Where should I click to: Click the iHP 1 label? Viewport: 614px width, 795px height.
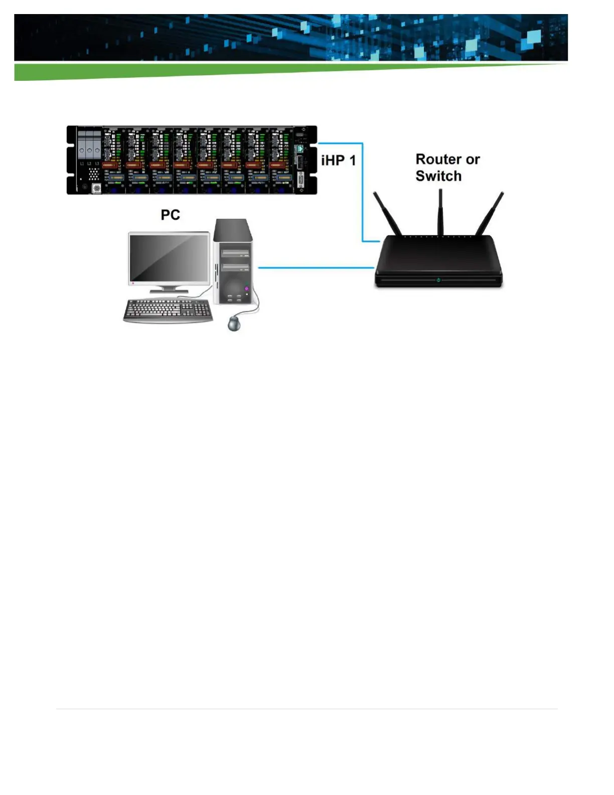click(x=338, y=161)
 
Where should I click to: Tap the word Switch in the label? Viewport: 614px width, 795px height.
click(x=438, y=176)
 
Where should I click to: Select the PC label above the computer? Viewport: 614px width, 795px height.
click(x=170, y=215)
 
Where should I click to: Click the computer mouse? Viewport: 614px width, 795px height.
click(x=234, y=323)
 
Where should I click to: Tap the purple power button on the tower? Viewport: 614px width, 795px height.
click(x=246, y=289)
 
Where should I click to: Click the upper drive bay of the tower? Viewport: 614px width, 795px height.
click(x=235, y=253)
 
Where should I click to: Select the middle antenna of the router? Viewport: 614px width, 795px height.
click(x=440, y=211)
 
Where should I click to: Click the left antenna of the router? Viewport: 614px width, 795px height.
click(x=387, y=213)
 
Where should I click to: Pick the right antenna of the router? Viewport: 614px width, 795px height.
click(x=490, y=213)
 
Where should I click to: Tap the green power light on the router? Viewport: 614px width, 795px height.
click(x=438, y=280)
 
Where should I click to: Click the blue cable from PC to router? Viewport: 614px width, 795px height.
click(x=316, y=268)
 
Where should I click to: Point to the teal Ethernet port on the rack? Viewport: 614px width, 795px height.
click(x=300, y=149)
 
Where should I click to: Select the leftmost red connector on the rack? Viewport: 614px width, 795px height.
click(x=110, y=165)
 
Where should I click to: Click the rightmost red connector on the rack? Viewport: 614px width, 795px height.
click(x=277, y=165)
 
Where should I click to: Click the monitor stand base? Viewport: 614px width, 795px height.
click(x=170, y=291)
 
